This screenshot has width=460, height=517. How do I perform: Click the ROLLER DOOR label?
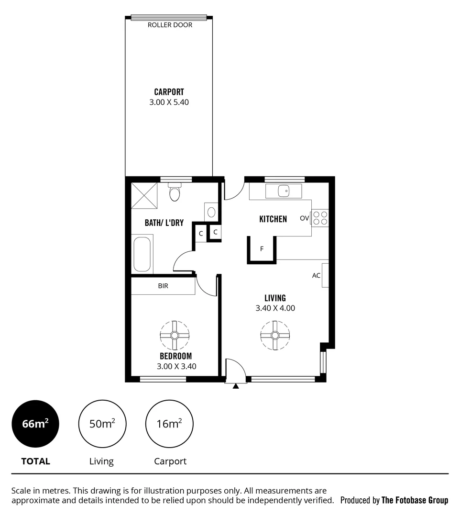pos(170,25)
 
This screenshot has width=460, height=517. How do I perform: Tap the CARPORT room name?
pos(169,92)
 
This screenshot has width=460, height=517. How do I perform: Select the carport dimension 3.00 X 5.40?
pos(169,102)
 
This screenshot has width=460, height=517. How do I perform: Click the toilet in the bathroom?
pos(175,193)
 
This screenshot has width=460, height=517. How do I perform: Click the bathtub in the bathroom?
pos(142,254)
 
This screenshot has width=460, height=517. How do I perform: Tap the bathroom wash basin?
pos(211,211)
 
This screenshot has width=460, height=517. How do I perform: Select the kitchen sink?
pos(284,191)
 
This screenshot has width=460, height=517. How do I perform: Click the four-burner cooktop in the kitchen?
pos(320,218)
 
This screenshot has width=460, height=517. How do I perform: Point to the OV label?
pos(304,218)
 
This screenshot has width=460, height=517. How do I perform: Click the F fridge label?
pos(262,249)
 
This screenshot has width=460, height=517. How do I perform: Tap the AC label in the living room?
pos(316,275)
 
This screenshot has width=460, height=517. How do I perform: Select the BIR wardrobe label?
pos(163,286)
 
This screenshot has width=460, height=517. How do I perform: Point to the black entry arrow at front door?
pos(235,386)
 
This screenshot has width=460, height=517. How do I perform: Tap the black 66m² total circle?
pos(35,424)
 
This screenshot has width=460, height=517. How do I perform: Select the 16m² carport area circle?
pos(169,424)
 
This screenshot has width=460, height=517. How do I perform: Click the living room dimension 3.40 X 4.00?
pos(275,308)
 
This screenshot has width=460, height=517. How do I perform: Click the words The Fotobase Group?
pos(415,500)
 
